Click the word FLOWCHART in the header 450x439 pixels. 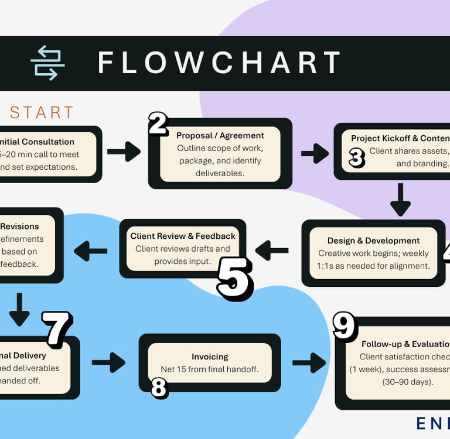(219, 63)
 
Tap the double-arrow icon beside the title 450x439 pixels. (47, 63)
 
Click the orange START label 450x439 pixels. (42, 112)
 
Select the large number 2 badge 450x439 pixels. (158, 124)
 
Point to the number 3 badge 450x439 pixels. (357, 158)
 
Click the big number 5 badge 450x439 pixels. (235, 279)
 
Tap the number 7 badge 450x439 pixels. (57, 329)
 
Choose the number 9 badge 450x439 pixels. (345, 326)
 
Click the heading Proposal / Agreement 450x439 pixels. (220, 136)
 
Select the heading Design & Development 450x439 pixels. (373, 241)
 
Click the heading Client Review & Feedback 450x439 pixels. (183, 236)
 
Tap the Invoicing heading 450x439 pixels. (210, 356)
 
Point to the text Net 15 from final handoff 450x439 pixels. (210, 369)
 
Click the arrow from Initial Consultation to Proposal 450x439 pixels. (124, 152)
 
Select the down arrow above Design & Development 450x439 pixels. (401, 200)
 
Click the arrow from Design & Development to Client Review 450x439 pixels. (272, 251)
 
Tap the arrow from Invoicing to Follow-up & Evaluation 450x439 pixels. (309, 363)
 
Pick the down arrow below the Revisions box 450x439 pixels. (19, 309)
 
